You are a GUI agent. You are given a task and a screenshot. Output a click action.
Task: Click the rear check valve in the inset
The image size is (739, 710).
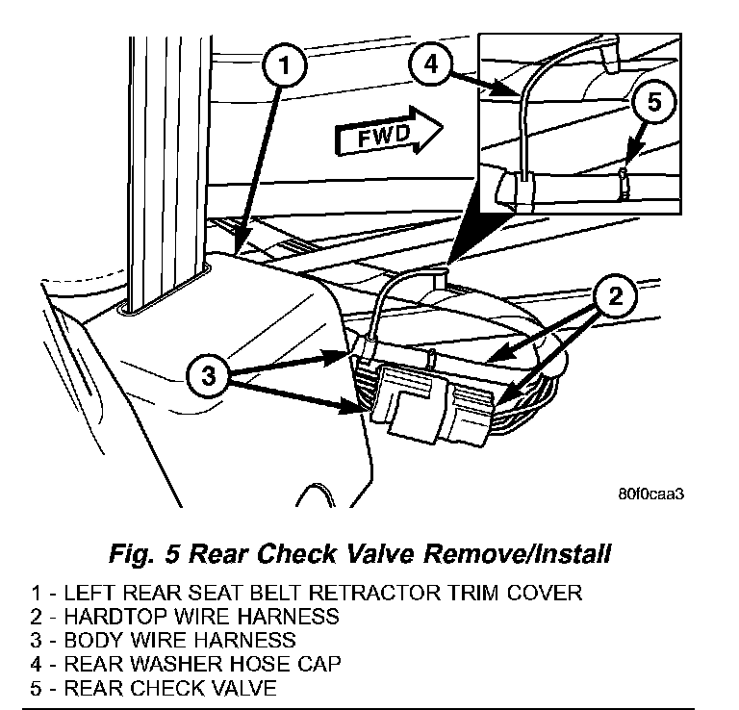pos(624,180)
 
